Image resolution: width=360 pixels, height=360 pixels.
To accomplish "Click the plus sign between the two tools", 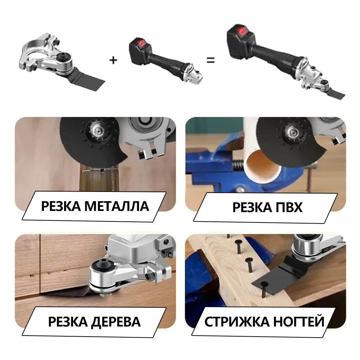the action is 113,60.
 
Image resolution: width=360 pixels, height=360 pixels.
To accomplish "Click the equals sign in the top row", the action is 211,60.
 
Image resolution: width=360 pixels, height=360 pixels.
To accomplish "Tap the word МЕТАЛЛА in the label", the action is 117,206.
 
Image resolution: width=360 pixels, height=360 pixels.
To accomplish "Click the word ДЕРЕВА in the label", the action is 116,321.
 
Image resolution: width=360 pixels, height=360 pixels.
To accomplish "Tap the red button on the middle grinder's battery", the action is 140,43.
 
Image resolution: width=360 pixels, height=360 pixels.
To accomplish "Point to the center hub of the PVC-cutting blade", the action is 292,131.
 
